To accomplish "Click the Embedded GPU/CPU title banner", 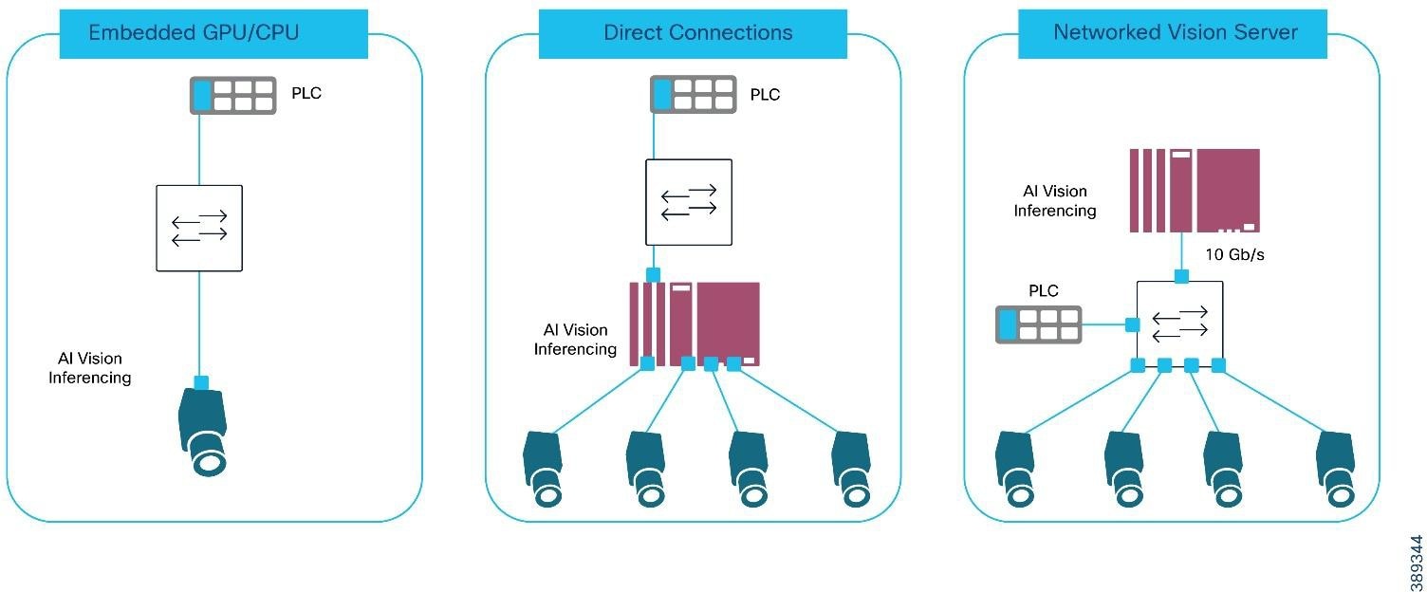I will tap(213, 34).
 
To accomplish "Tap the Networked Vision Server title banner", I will tap(1175, 34).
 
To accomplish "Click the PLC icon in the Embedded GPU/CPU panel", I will tap(232, 96).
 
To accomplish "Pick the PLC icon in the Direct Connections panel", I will tap(693, 96).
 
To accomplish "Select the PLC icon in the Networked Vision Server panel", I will tap(1038, 324).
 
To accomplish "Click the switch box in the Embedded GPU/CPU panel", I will tap(199, 228).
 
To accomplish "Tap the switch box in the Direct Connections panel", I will tap(689, 202).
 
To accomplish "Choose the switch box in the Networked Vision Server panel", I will tap(1179, 324).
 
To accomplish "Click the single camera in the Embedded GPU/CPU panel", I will tap(203, 432).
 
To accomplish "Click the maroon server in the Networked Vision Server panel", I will tap(1195, 190).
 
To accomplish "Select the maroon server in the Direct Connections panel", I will tap(695, 324).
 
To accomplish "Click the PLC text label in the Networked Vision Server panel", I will tap(1044, 290).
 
